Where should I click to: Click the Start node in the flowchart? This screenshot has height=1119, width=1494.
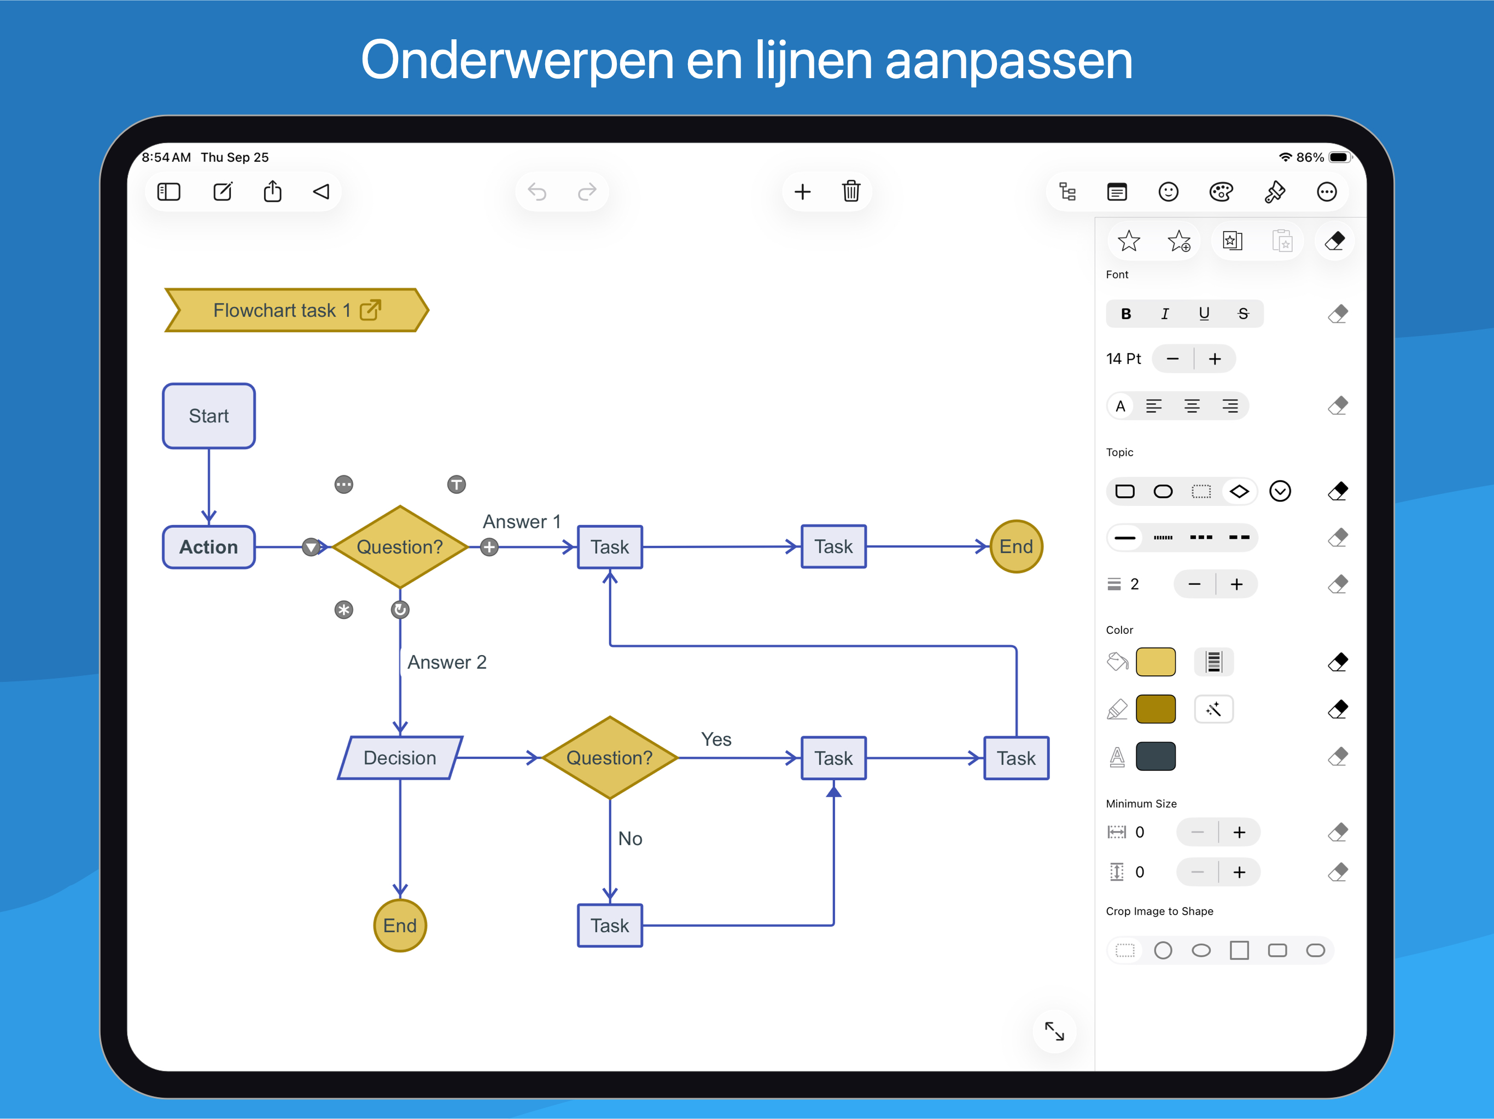coord(209,416)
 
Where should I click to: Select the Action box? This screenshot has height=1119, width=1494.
coord(209,547)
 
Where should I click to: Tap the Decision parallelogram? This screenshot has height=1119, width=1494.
coord(400,758)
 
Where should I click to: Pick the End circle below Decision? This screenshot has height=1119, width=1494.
coord(400,925)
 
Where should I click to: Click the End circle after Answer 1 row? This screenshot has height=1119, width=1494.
coord(1016,547)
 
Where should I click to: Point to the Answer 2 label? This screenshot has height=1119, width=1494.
coord(446,662)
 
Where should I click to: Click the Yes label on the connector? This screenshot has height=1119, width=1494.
coord(716,739)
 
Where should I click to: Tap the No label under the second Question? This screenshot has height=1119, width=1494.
coord(630,838)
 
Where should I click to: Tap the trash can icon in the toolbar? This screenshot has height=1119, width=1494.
coord(851,192)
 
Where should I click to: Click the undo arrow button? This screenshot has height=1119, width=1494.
coord(537,192)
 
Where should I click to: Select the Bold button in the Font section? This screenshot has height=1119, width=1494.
coord(1126,314)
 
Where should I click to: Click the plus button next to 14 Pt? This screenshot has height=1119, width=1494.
coord(1215,359)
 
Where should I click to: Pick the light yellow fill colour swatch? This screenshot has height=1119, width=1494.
coord(1155,662)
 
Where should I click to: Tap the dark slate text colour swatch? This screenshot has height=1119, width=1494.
coord(1155,756)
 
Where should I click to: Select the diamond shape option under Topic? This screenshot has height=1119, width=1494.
coord(1239,491)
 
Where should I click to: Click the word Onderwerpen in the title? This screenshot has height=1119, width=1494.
coord(517,61)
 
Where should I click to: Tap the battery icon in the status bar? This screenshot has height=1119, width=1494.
coord(1339,157)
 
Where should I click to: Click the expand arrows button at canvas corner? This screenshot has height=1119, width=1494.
coord(1054,1030)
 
